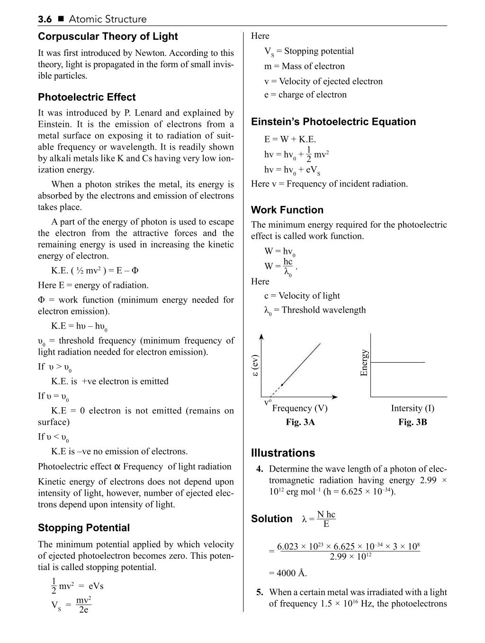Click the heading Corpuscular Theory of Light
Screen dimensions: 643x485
108,36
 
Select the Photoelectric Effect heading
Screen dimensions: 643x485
87,97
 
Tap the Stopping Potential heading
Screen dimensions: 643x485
84,527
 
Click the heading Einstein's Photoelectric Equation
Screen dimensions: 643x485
333,122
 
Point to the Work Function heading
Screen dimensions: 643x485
287,210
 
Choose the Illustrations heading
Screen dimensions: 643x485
283,453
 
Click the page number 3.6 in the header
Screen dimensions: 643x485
45,19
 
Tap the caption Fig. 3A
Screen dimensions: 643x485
300,422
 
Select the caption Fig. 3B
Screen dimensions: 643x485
413,422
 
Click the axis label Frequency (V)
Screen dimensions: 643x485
300,408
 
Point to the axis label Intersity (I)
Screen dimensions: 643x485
413,408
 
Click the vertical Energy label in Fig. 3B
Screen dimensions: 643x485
364,363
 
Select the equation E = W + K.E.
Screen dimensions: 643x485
290,139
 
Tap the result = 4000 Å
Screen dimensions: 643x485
288,573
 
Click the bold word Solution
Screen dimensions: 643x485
272,519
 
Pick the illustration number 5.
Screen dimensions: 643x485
260,592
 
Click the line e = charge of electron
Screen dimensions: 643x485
305,95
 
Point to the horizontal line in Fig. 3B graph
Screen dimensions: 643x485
398,362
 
